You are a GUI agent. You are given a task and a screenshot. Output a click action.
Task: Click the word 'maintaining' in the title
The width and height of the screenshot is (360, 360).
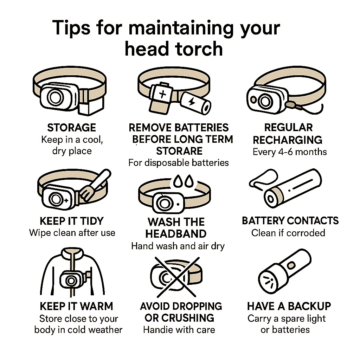click(180, 28)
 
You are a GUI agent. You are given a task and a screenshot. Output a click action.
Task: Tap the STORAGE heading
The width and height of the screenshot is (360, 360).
click(71, 127)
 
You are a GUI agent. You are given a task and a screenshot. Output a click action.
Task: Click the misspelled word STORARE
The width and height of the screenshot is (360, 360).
click(179, 151)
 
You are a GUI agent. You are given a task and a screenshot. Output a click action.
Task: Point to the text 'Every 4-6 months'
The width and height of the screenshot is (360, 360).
click(290, 152)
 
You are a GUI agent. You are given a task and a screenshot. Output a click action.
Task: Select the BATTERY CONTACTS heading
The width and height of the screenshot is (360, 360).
click(290, 221)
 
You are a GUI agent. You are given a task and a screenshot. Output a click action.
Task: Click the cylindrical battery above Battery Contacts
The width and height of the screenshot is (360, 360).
click(293, 189)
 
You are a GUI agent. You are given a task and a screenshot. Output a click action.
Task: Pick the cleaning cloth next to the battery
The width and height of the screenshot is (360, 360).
click(262, 178)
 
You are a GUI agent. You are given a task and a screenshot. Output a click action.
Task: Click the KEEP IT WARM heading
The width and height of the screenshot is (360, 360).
click(77, 306)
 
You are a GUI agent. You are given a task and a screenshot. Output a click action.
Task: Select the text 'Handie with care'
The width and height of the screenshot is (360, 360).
click(179, 330)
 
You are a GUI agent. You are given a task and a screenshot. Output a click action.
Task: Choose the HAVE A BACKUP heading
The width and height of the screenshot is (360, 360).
click(289, 306)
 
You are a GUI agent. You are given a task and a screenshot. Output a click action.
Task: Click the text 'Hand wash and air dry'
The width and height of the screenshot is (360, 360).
click(178, 246)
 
